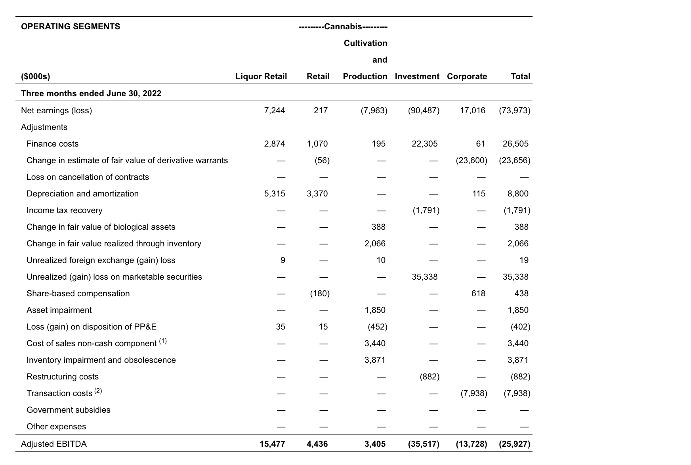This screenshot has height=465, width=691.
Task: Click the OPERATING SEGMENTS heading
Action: click(x=71, y=27)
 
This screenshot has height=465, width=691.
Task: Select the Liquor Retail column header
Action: click(x=261, y=76)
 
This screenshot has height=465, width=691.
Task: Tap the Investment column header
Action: click(x=417, y=76)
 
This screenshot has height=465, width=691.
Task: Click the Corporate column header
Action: click(x=467, y=76)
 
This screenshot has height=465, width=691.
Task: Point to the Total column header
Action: click(x=520, y=76)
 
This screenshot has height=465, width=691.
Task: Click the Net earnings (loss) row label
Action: click(x=56, y=111)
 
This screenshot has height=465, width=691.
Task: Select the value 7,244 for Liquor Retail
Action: click(x=274, y=111)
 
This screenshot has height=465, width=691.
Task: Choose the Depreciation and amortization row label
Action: click(x=82, y=194)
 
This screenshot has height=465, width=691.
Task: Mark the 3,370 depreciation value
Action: click(x=317, y=194)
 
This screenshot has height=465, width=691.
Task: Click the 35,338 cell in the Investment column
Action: click(x=424, y=277)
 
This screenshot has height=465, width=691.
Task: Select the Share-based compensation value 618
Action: click(x=478, y=293)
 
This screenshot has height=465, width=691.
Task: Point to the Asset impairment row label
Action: click(x=59, y=310)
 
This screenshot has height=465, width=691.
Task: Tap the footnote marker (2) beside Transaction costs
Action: click(x=98, y=391)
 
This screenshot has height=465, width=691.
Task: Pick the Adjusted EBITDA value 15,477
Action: click(x=272, y=444)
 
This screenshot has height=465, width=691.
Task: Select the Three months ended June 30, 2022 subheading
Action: click(x=91, y=93)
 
